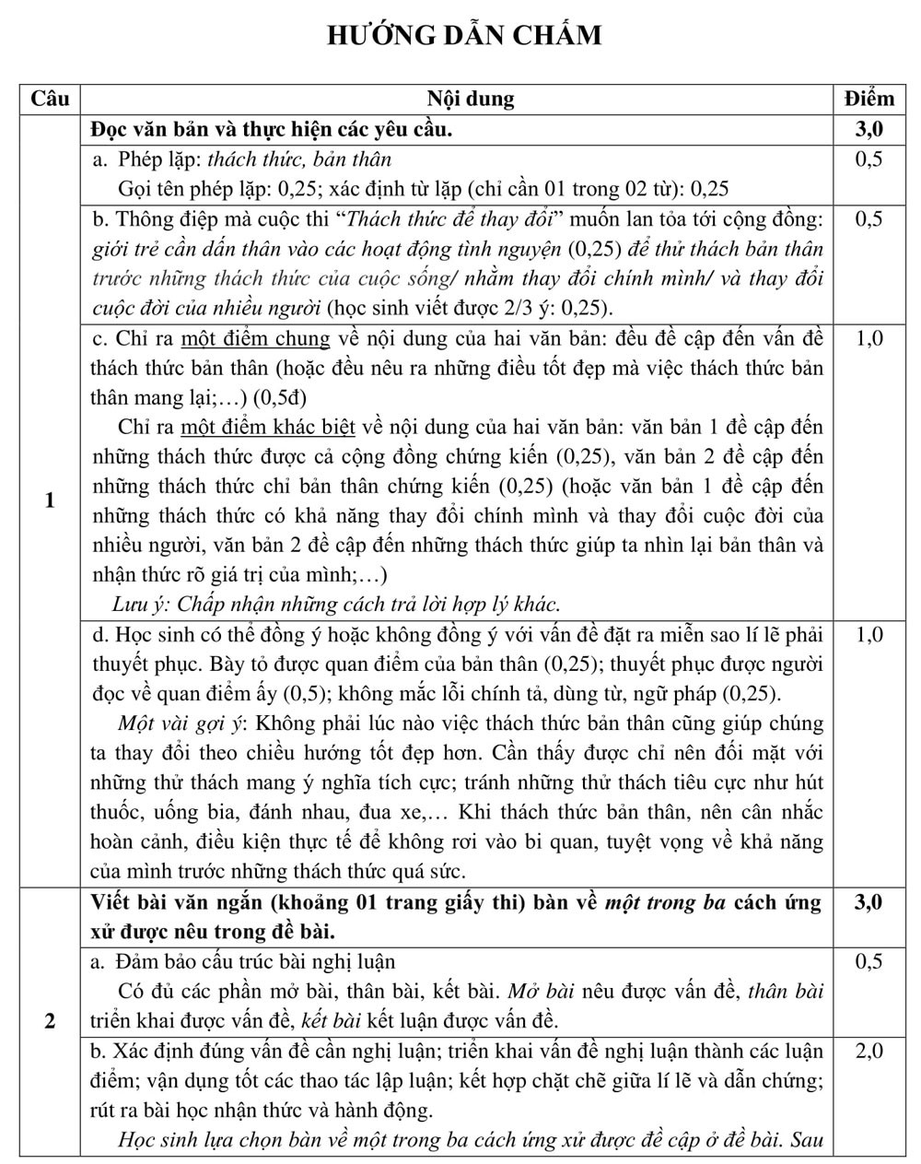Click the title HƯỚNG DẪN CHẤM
[x=464, y=35]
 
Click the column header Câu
[x=50, y=99]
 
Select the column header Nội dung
[x=471, y=99]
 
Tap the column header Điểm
[x=869, y=99]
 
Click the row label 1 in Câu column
[x=50, y=500]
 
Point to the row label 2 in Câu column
[x=50, y=1020]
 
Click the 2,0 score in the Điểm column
[x=869, y=1051]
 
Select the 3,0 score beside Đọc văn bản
[x=869, y=129]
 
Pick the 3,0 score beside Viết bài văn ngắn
[x=869, y=902]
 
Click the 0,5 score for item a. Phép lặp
[x=869, y=159]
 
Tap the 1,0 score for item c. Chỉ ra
[x=869, y=338]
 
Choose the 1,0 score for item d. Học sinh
[x=869, y=635]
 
